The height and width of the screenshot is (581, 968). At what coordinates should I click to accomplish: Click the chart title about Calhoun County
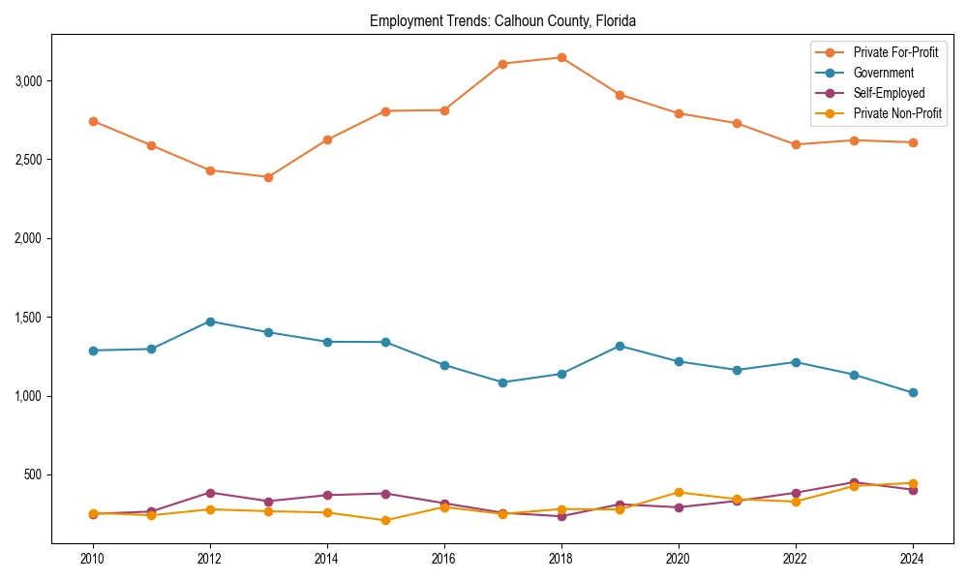tap(502, 20)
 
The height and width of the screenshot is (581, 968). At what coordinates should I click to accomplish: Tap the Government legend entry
tap(883, 73)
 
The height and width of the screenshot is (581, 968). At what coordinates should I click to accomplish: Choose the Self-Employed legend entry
tap(889, 93)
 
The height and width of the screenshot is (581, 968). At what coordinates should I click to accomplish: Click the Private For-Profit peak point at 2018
tap(561, 57)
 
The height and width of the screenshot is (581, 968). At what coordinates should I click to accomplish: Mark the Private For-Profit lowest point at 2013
tap(268, 177)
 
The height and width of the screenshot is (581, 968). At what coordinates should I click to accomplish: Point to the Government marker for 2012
tap(210, 321)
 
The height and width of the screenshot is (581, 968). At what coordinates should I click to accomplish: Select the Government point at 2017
tap(502, 382)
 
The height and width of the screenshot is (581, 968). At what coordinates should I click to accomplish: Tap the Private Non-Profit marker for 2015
tap(385, 520)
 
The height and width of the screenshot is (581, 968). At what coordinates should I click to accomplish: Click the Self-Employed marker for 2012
tap(210, 493)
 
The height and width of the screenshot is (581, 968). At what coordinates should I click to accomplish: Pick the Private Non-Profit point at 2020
tap(679, 492)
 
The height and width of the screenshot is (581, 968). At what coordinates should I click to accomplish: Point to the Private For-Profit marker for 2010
tap(93, 121)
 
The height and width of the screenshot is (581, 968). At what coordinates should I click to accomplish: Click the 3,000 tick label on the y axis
tap(29, 80)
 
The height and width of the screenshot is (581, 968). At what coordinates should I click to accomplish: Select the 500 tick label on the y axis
tap(34, 474)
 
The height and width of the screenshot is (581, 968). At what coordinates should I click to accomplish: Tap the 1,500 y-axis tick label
tap(29, 318)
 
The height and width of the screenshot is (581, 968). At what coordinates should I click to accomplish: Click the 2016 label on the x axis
tap(444, 558)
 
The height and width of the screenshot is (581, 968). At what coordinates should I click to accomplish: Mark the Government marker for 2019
tap(620, 346)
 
